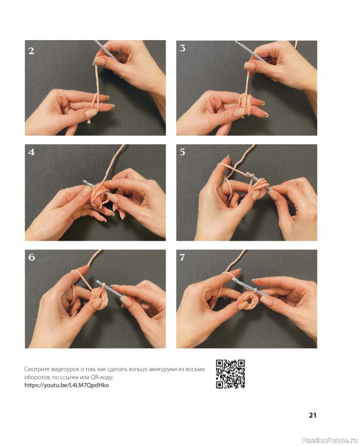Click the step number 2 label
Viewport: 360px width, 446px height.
pyautogui.click(x=31, y=51)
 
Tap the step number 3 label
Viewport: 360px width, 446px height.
pyautogui.click(x=182, y=48)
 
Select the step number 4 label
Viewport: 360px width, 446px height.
pyautogui.click(x=31, y=152)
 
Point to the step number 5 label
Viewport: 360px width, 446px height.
pyautogui.click(x=182, y=152)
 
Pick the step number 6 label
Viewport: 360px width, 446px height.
pyautogui.click(x=31, y=258)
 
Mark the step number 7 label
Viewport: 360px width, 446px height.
pyautogui.click(x=182, y=258)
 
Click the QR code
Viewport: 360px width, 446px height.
pyautogui.click(x=230, y=374)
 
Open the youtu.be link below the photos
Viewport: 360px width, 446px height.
pyautogui.click(x=66, y=385)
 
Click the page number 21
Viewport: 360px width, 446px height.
pyautogui.click(x=313, y=415)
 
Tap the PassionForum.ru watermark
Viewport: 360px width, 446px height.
pyautogui.click(x=330, y=440)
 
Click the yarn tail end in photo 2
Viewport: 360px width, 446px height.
pyautogui.click(x=90, y=122)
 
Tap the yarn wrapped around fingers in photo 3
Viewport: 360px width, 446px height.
pyautogui.click(x=245, y=104)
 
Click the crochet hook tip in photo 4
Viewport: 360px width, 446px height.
pyautogui.click(x=85, y=181)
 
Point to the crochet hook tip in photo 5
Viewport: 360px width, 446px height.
pyautogui.click(x=248, y=173)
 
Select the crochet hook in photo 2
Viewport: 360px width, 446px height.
pyautogui.click(x=105, y=50)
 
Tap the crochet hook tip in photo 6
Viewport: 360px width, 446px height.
pyautogui.click(x=98, y=282)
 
